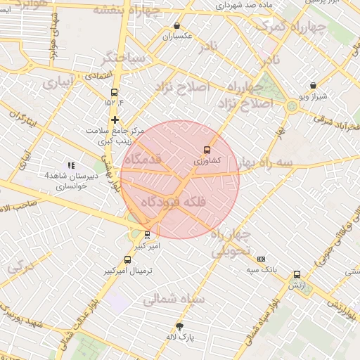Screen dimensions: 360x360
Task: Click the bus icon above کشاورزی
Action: pyautogui.click(x=206, y=149)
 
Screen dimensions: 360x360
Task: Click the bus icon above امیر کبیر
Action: pyautogui.click(x=147, y=235)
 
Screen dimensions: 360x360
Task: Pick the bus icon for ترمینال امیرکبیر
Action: pyautogui.click(x=127, y=259)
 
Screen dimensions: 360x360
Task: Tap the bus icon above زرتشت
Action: pyautogui.click(x=297, y=275)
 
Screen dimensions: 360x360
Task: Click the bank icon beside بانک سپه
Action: pyautogui.click(x=262, y=259)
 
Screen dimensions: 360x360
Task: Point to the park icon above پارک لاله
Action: pyautogui.click(x=180, y=326)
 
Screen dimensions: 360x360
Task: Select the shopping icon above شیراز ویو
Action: pyautogui.click(x=313, y=86)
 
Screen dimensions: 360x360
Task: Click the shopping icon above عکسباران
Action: pyautogui.click(x=176, y=26)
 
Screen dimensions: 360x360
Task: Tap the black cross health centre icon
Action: pyautogui.click(x=115, y=119)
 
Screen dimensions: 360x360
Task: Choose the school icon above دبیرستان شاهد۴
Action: pyautogui.click(x=70, y=165)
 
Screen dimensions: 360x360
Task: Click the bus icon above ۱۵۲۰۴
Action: pyautogui.click(x=114, y=92)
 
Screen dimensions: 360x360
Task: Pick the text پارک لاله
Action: pyautogui.click(x=180, y=337)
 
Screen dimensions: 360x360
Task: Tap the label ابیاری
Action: pyautogui.click(x=56, y=83)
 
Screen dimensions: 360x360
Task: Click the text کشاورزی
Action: pyautogui.click(x=207, y=160)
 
